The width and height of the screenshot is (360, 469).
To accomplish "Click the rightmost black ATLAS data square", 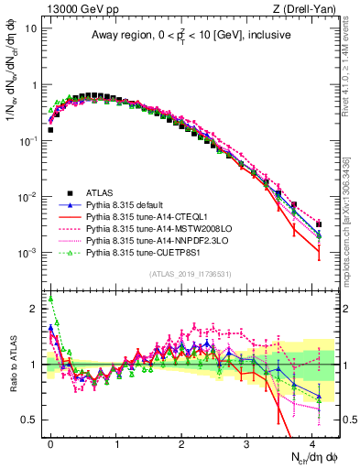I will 318,224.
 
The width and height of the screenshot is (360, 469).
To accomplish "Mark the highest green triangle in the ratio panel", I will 51,298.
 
